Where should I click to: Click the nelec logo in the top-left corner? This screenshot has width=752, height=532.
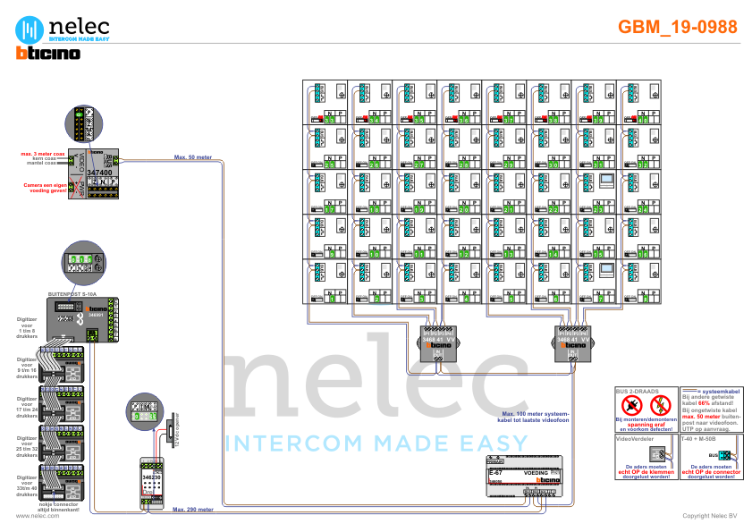coord(63,27)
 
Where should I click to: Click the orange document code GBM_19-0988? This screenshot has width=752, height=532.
coord(678,27)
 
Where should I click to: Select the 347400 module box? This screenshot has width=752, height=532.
coord(100,166)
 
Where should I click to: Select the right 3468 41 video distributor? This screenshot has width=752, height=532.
coord(572,344)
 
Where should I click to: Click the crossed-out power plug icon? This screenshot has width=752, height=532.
coord(632,405)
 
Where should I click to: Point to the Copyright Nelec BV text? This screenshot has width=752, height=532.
coord(710,516)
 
